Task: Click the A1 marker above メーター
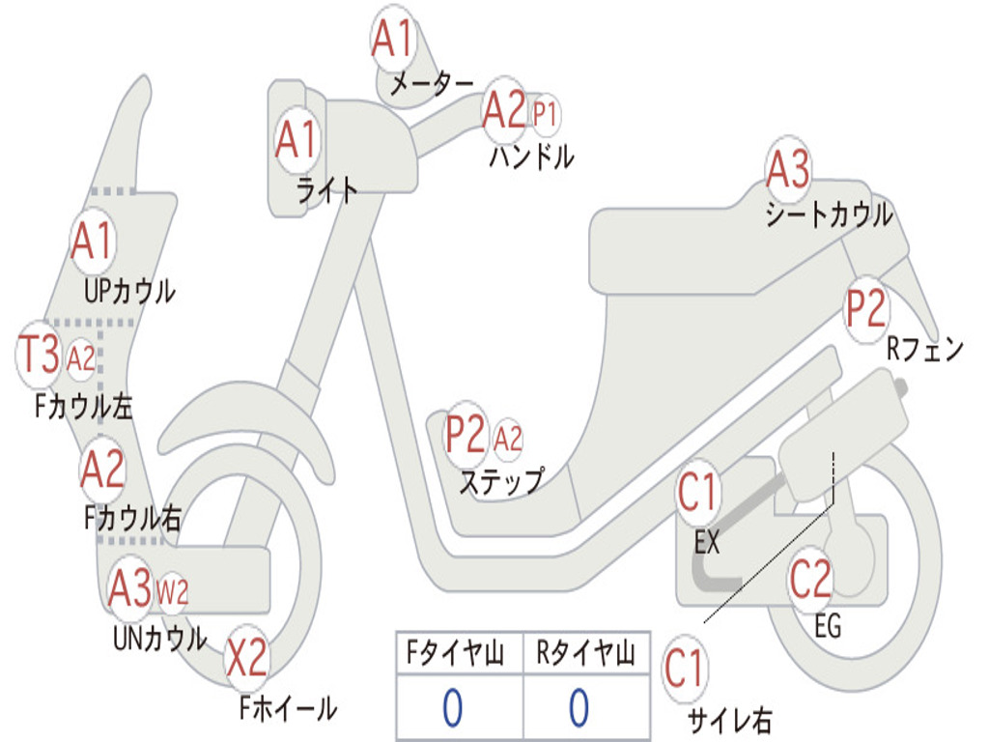(392, 38)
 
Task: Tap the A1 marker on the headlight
(297, 139)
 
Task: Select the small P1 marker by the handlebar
(545, 115)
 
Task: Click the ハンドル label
(531, 156)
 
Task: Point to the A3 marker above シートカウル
(788, 168)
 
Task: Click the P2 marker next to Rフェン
(865, 308)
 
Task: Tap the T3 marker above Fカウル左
(39, 355)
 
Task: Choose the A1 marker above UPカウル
(92, 241)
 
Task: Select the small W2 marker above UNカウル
(172, 592)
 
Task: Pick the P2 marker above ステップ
(466, 433)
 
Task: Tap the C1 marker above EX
(697, 491)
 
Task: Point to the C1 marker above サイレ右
(684, 668)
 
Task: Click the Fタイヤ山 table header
(456, 653)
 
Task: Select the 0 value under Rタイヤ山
(579, 706)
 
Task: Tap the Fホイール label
(288, 708)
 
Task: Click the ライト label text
(326, 189)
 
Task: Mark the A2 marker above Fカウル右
(102, 470)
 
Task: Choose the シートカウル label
(829, 214)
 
